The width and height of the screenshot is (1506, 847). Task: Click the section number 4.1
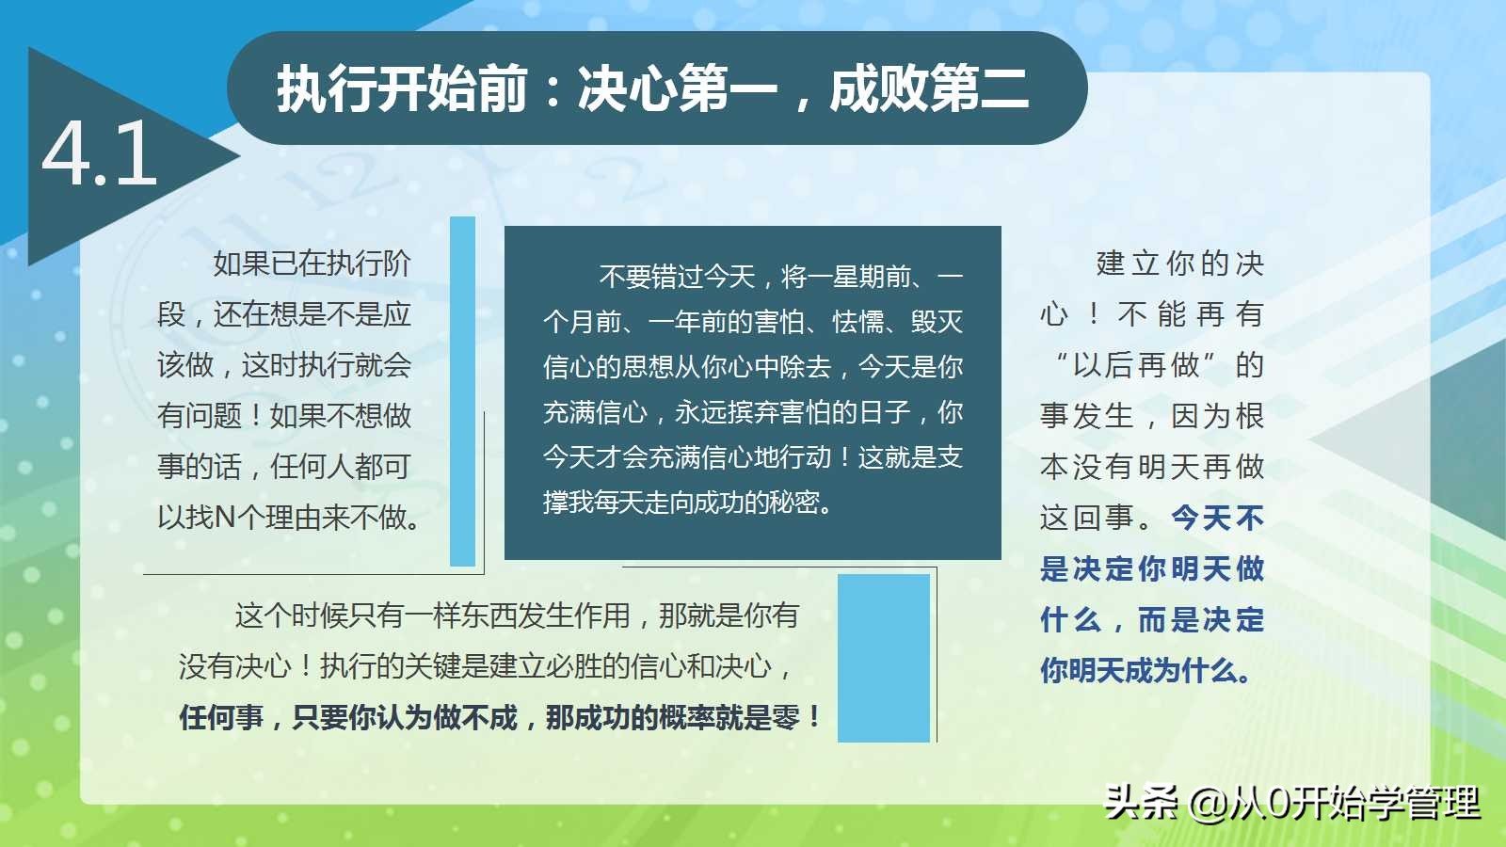pyautogui.click(x=100, y=154)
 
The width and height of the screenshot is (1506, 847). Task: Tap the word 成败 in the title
pyautogui.click(x=879, y=88)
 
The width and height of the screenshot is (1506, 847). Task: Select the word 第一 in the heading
pyautogui.click(x=729, y=88)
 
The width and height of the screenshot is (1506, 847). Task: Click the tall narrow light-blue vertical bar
pyautogui.click(x=462, y=392)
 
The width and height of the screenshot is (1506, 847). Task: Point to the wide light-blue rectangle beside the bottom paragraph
pyautogui.click(x=884, y=658)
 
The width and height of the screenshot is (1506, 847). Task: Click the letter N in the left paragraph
pyautogui.click(x=225, y=518)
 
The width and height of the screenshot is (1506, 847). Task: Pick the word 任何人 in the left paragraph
pyautogui.click(x=312, y=467)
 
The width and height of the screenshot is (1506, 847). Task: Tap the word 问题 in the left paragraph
pyautogui.click(x=214, y=415)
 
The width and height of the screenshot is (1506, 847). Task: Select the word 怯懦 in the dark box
pyautogui.click(x=858, y=322)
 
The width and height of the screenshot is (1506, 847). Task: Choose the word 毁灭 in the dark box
pyautogui.click(x=937, y=322)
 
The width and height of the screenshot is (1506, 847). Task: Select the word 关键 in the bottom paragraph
pyautogui.click(x=433, y=666)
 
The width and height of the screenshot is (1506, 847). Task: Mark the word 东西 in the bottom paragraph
pyautogui.click(x=489, y=615)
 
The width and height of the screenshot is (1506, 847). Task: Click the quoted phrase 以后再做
pyautogui.click(x=1136, y=365)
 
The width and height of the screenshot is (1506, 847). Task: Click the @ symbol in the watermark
pyautogui.click(x=1209, y=804)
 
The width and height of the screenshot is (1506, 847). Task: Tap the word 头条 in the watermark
pyautogui.click(x=1141, y=803)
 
